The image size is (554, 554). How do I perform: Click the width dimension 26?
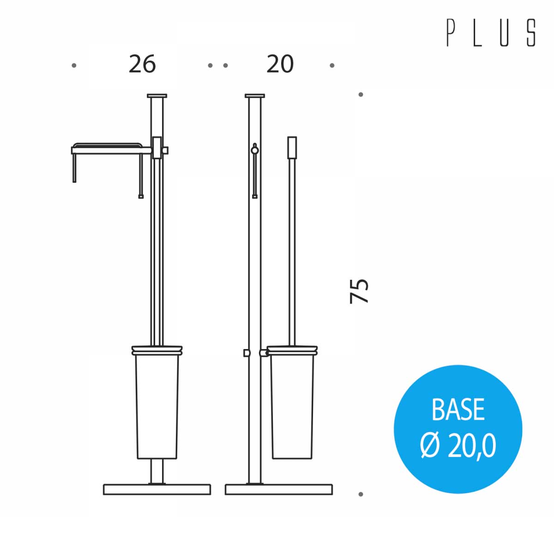(142, 64)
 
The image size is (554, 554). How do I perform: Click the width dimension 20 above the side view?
(280, 64)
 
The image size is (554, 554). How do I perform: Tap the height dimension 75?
(359, 291)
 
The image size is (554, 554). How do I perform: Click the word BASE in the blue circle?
(458, 409)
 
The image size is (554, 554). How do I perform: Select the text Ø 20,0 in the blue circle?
(458, 446)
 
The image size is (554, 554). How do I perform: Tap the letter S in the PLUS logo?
(531, 33)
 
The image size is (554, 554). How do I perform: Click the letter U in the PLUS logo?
(504, 33)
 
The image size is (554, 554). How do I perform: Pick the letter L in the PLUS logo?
(477, 33)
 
